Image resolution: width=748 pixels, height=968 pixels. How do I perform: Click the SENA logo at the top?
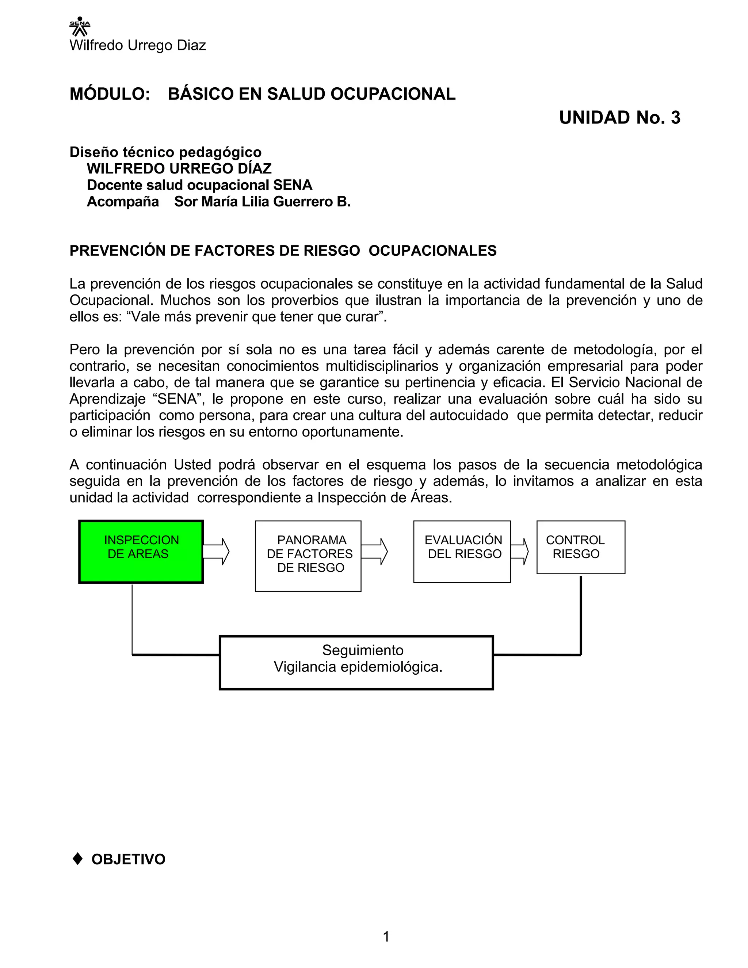(80, 27)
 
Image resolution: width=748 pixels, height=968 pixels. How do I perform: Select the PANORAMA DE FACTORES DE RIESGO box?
(308, 556)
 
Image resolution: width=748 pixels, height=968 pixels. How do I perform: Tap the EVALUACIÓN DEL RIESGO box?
(462, 551)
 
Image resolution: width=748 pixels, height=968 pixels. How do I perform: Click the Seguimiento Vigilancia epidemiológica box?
(356, 663)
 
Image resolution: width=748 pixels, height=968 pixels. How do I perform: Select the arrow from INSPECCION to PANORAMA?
(216, 551)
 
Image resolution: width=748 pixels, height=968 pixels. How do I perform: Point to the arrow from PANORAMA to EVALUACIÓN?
(374, 551)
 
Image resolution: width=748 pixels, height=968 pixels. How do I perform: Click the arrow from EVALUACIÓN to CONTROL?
(520, 551)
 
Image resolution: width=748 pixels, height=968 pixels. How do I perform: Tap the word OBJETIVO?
(128, 860)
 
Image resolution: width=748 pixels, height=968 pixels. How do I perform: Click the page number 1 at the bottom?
(386, 937)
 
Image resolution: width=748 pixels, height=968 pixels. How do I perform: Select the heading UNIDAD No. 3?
(619, 118)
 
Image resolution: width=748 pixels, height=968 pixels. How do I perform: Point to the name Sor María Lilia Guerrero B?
(262, 202)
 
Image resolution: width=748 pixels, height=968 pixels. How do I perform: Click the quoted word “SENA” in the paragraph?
(177, 399)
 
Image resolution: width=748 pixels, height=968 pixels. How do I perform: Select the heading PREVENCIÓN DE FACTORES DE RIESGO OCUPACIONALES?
(283, 251)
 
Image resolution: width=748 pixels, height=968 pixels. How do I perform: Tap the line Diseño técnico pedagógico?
(165, 152)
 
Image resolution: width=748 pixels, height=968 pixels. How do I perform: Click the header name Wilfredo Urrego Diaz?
(137, 45)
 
